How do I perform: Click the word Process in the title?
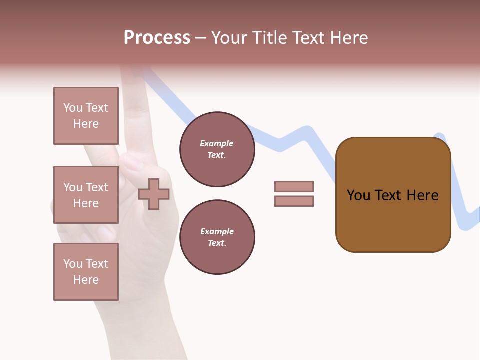157,38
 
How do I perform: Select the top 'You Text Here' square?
86,116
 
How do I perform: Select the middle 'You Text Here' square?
86,195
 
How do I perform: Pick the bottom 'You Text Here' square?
86,272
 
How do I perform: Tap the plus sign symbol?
154,194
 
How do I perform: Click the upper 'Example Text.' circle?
217,149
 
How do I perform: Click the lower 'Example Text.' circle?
217,237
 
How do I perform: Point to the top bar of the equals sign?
294,187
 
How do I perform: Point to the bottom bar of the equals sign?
294,201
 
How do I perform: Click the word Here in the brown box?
422,195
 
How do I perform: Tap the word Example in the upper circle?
217,144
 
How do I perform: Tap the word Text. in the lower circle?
217,243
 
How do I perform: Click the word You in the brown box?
358,195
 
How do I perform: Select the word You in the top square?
73,108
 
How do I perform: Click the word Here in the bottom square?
86,280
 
